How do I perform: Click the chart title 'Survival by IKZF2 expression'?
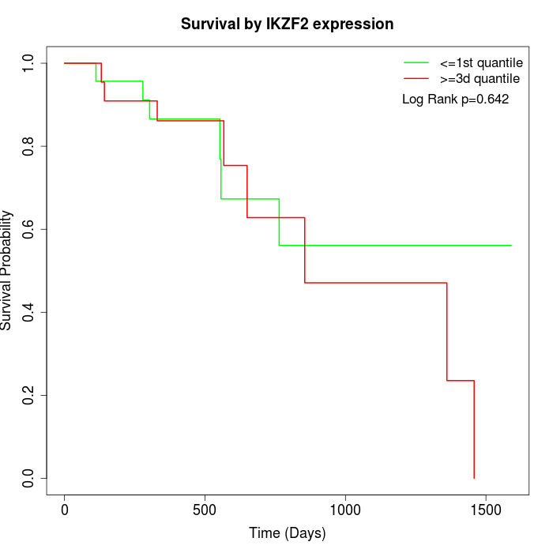(x=287, y=24)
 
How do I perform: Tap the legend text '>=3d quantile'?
(x=480, y=78)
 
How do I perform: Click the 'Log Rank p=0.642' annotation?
(x=455, y=100)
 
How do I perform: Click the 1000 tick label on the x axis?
(x=345, y=510)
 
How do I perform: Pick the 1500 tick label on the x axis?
(x=485, y=510)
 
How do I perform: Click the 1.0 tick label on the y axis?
(x=29, y=63)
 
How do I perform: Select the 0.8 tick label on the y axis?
(x=29, y=146)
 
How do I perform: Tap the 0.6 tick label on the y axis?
(x=29, y=229)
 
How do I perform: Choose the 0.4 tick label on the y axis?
(x=29, y=312)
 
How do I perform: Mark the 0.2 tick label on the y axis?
(x=29, y=395)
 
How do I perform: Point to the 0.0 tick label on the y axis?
(x=29, y=478)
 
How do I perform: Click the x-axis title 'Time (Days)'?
(x=287, y=533)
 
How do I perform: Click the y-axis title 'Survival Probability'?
(x=8, y=270)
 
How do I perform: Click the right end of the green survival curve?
(x=511, y=245)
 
